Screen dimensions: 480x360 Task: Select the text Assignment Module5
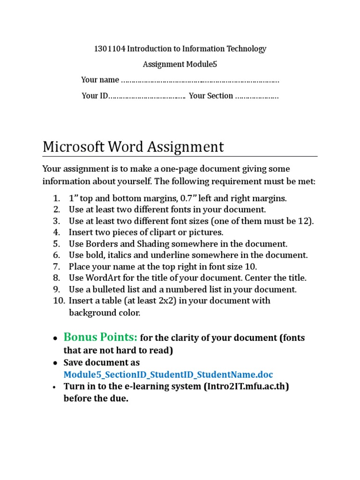[x=180, y=64]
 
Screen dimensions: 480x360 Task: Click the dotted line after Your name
[x=200, y=81]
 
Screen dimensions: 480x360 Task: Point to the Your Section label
[x=211, y=96]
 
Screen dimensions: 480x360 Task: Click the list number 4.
[x=57, y=232]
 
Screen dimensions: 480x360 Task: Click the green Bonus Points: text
[x=100, y=337]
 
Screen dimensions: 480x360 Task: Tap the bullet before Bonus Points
[x=55, y=338]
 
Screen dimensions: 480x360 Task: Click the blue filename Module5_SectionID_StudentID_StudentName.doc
[x=168, y=375]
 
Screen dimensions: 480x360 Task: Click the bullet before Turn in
[x=55, y=387]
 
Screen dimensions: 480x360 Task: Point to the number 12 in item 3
[x=303, y=221]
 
